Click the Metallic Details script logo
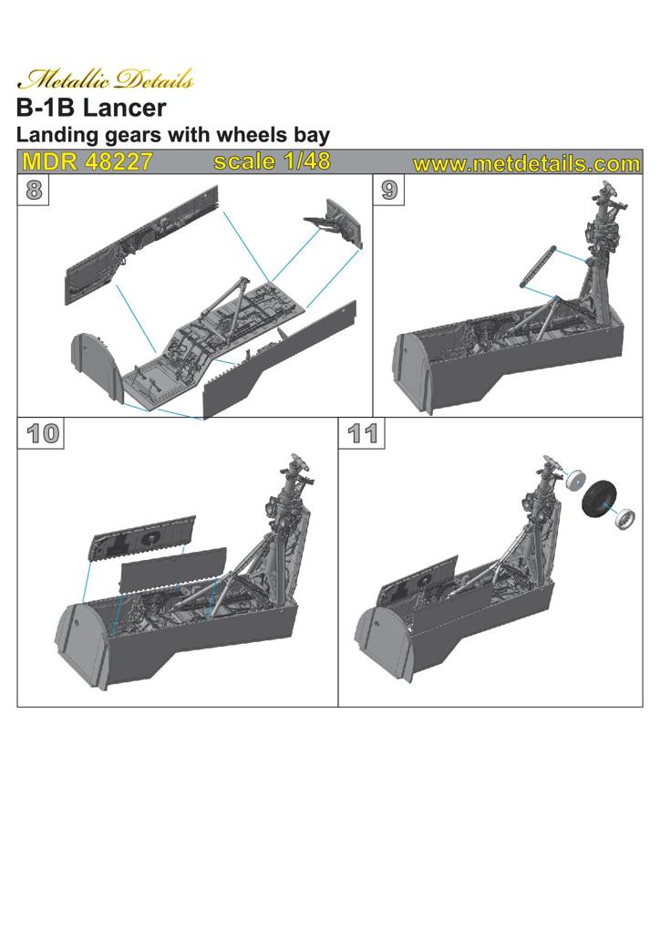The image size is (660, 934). pyautogui.click(x=106, y=78)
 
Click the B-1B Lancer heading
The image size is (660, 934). pyautogui.click(x=91, y=108)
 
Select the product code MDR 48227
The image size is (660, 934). pyautogui.click(x=88, y=161)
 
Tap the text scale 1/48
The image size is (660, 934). pyautogui.click(x=272, y=161)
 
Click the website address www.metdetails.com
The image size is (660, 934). pyautogui.click(x=526, y=164)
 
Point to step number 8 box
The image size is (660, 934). pyautogui.click(x=34, y=191)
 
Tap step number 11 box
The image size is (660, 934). pyautogui.click(x=362, y=433)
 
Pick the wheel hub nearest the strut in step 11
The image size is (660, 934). pyautogui.click(x=575, y=481)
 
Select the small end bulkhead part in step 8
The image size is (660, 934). pyautogui.click(x=334, y=223)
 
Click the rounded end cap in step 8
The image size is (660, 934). pyautogui.click(x=92, y=363)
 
